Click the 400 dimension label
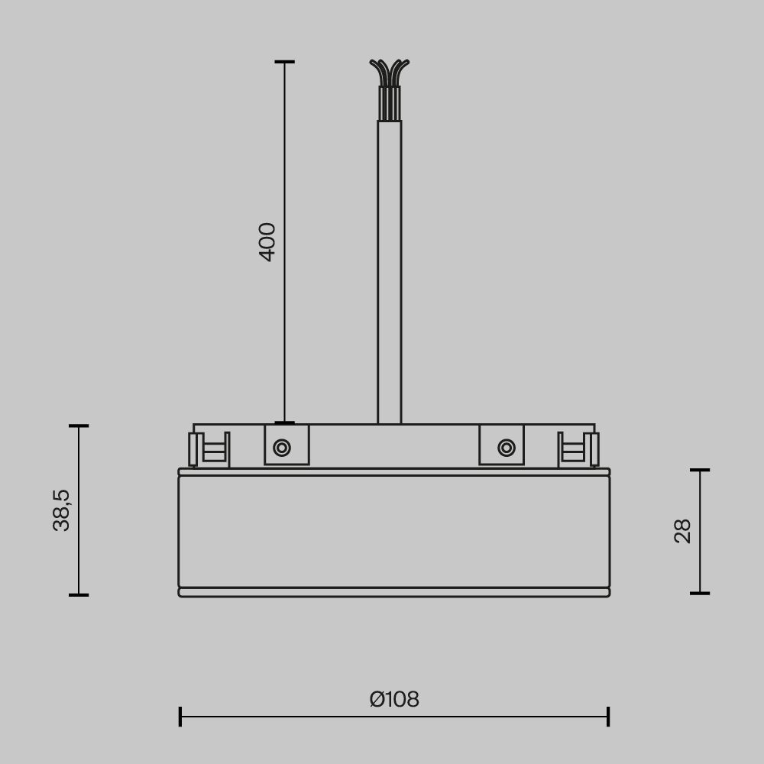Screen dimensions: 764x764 tap(267, 241)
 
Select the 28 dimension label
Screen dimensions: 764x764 tap(682, 531)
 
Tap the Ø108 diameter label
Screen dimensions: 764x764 tap(394, 699)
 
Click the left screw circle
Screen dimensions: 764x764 tap(282, 448)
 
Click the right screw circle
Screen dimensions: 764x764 tap(506, 448)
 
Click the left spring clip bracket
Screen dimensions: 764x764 tap(209, 449)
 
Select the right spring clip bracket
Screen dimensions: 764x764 tap(578, 449)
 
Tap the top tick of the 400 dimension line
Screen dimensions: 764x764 tap(285, 62)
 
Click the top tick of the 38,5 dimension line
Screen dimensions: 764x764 tap(79, 426)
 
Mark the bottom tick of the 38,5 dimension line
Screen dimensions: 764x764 tap(79, 594)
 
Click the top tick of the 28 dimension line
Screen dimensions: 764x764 tap(700, 471)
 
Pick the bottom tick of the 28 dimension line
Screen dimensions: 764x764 tap(700, 593)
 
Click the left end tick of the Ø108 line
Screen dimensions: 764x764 tap(180, 717)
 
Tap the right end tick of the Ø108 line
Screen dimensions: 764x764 tap(608, 717)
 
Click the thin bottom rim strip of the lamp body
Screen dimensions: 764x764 tap(394, 592)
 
